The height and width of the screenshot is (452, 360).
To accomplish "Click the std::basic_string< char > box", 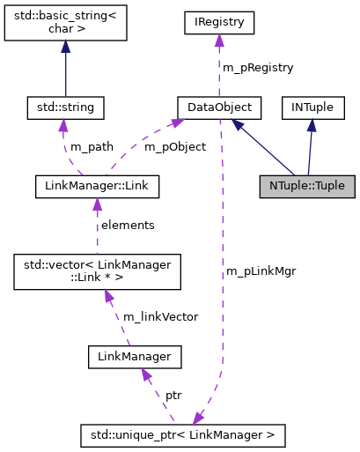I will [65, 26].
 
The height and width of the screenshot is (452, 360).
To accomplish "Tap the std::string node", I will [65, 107].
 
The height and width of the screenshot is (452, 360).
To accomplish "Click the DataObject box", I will [214, 107].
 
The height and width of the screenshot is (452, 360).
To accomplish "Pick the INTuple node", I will [312, 107].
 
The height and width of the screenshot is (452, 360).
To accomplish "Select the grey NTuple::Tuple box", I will [307, 187].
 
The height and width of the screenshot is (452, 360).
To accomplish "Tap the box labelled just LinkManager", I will [135, 357].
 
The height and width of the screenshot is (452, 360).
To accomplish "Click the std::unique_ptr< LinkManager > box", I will [182, 435].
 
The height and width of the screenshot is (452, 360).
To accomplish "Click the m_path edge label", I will [92, 146].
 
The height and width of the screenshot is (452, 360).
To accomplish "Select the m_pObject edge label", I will [174, 146].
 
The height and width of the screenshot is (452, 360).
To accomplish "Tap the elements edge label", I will [128, 225].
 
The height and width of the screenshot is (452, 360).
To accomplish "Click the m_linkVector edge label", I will [160, 316].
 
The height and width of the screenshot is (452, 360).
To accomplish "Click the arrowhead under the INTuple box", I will [312, 125].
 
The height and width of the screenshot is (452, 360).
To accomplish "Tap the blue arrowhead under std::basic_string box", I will [65, 49].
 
